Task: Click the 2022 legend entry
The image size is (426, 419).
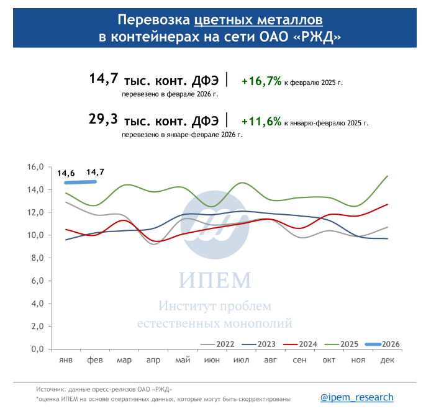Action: [x=217, y=344]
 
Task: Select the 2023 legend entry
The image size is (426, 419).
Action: [x=258, y=344]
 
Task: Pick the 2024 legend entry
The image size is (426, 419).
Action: [x=299, y=344]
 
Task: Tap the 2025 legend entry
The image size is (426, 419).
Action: [x=340, y=344]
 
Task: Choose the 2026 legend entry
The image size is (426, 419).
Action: [x=381, y=344]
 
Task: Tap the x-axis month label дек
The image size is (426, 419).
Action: [x=387, y=361]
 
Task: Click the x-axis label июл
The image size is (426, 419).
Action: [x=241, y=361]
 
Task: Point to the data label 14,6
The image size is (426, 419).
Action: [x=66, y=173]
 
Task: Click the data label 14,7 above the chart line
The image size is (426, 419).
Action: [x=95, y=172]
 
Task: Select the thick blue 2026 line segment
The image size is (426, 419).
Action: [x=80, y=182]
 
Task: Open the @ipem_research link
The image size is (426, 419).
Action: [x=356, y=397]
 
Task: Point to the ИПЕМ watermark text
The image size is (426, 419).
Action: [x=214, y=280]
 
